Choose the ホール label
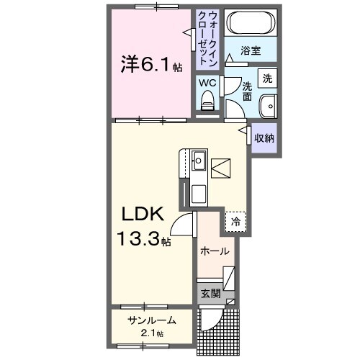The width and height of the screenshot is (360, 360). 215,251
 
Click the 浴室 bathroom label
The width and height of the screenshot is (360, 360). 249,52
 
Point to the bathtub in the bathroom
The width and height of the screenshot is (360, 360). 249,23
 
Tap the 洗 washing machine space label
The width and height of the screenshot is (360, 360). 267,78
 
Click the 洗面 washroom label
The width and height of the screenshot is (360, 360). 247,91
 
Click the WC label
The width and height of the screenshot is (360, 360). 207,83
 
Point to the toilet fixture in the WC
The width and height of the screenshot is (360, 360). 208,104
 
